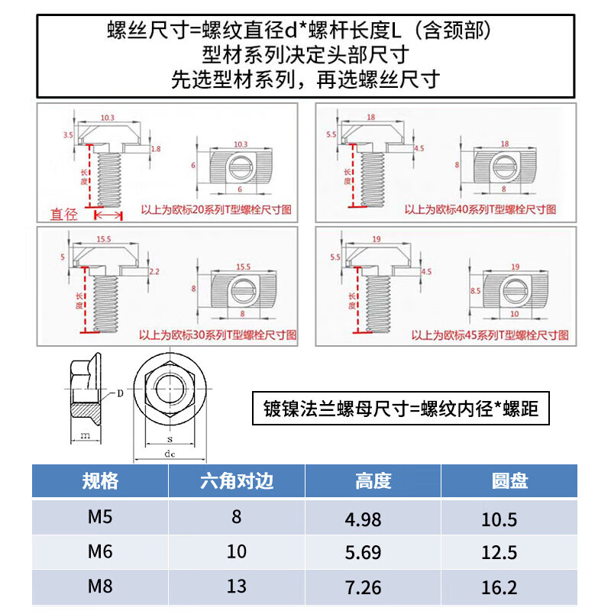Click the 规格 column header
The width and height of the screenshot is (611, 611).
pos(100,481)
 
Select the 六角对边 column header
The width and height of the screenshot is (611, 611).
pos(237,481)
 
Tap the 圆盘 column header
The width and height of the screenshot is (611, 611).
pos(509,481)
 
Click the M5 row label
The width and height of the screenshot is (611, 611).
pos(100,517)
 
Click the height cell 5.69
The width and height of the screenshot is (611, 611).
pos(363,552)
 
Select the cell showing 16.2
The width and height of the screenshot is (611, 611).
pos(499,587)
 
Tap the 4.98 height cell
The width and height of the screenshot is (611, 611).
pos(363,519)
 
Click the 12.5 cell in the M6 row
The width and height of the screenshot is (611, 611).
pos(499,553)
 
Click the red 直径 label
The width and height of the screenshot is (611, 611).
pos(64,215)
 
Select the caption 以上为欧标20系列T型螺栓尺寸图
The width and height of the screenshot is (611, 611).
pos(218,208)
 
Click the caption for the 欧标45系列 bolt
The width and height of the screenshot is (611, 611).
pos(490,335)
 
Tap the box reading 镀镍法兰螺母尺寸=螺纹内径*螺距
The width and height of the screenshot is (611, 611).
pos(401,409)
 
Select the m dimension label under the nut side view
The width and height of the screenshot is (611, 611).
pos(85,435)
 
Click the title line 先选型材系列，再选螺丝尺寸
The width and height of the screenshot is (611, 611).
pos(305,80)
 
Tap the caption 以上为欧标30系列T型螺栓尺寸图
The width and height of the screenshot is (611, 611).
pos(218,335)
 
